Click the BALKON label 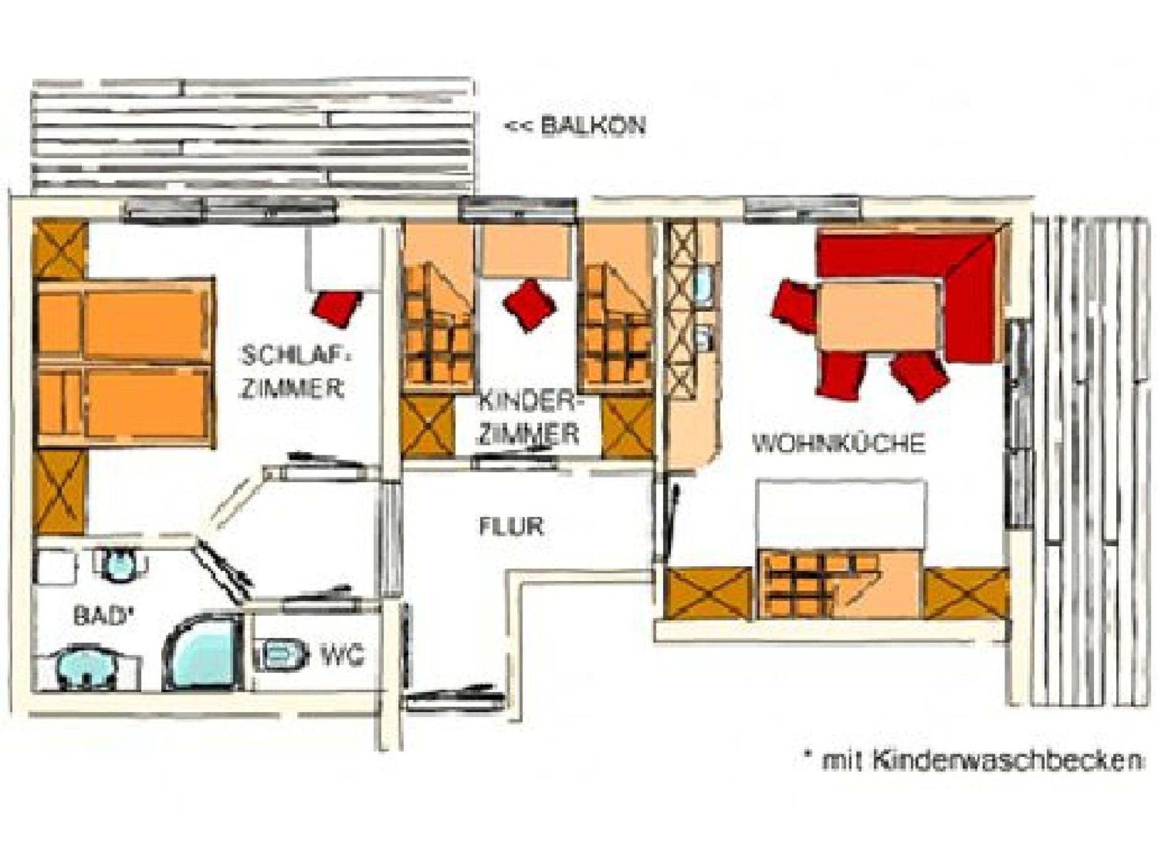(x=574, y=126)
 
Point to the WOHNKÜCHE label (x=839, y=444)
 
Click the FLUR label (x=511, y=527)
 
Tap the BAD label (x=101, y=617)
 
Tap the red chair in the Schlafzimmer (x=337, y=308)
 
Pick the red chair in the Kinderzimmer (x=529, y=305)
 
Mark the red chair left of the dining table (x=794, y=305)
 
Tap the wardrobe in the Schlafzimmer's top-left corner (x=60, y=251)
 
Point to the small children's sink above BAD (x=120, y=564)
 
